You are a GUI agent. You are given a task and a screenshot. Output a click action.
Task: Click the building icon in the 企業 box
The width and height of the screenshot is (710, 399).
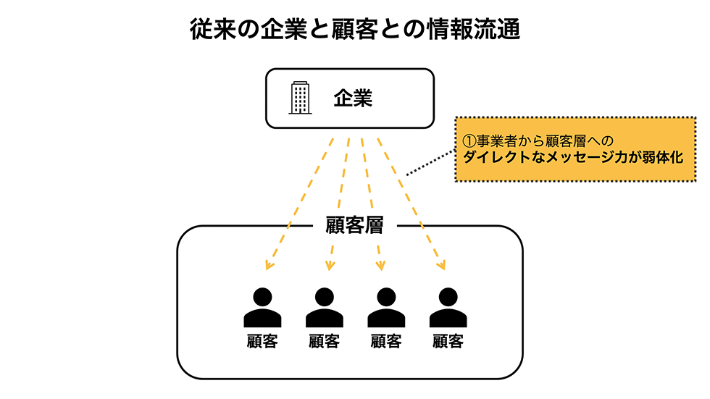click(300, 98)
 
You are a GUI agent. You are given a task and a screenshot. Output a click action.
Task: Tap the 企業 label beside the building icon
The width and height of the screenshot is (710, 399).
click(353, 98)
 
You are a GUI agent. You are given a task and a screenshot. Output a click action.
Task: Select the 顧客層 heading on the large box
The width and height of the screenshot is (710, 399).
click(350, 225)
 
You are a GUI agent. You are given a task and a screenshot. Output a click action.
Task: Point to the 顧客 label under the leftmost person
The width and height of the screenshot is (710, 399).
click(262, 341)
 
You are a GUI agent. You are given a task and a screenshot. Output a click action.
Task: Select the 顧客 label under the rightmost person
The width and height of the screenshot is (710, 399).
click(448, 341)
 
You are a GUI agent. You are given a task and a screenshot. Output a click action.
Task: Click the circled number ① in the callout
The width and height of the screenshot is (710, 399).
click(469, 140)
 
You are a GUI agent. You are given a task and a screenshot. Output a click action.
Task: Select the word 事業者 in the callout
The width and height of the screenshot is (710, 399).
click(494, 140)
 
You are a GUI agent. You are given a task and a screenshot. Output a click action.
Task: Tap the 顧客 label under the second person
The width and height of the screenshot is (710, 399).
click(324, 341)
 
